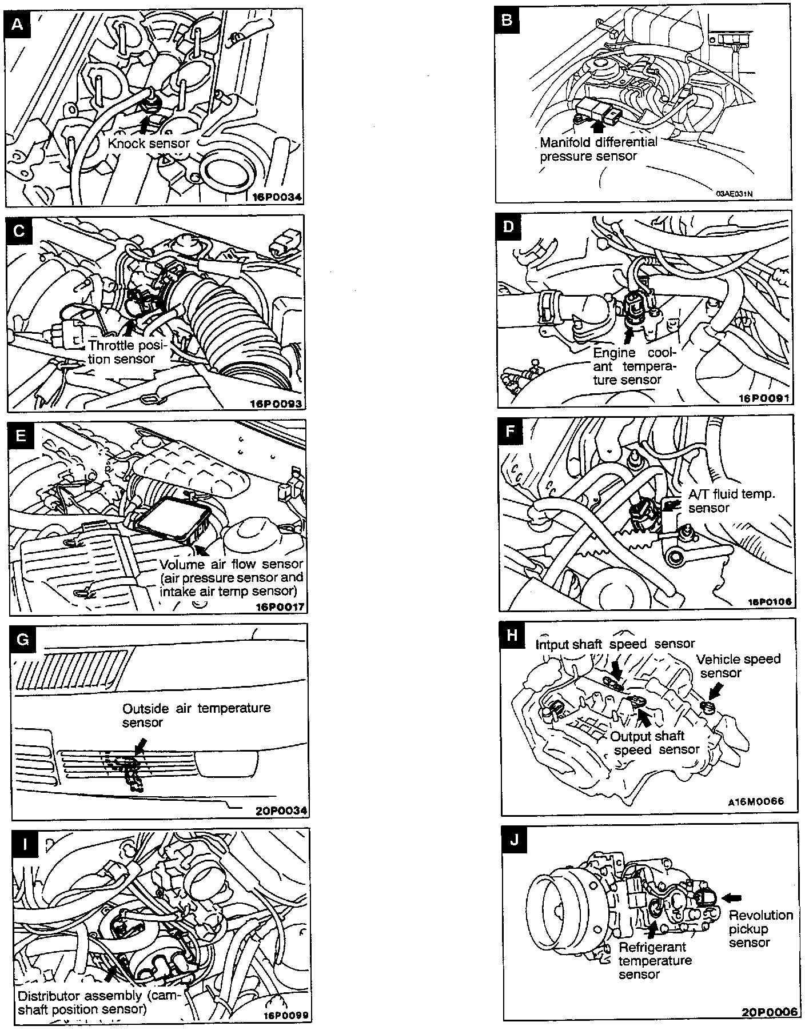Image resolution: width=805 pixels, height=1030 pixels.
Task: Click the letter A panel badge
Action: click(18, 25)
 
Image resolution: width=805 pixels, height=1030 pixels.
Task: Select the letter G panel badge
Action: click(23, 639)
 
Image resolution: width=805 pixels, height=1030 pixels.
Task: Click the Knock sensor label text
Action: click(148, 143)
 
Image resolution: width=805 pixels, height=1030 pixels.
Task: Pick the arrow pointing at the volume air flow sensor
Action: click(201, 550)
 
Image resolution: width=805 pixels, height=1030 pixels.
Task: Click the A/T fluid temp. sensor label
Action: click(731, 501)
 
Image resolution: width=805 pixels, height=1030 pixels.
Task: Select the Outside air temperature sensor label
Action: click(196, 715)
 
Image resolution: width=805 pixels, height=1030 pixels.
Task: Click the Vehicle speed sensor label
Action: click(738, 665)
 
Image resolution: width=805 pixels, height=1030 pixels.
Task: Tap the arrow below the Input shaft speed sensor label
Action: click(616, 667)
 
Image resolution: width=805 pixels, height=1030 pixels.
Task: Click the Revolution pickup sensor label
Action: click(760, 929)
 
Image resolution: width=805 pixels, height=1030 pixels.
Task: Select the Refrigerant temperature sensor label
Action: click(654, 961)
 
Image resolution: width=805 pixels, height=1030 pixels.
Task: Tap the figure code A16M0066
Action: click(755, 801)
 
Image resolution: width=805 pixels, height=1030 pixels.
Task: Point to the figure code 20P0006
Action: click(769, 1011)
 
